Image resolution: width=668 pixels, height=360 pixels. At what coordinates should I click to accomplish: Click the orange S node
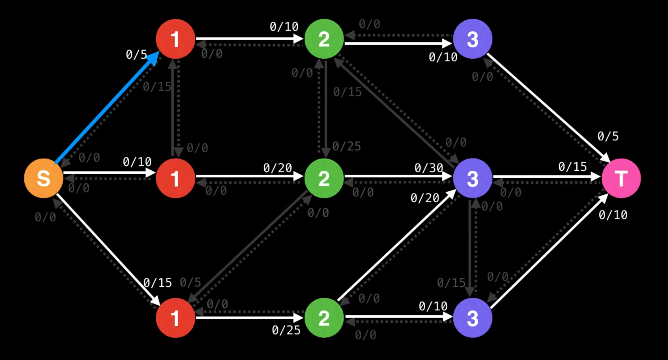[43, 178]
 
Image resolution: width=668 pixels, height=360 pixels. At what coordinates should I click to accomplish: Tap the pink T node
[621, 178]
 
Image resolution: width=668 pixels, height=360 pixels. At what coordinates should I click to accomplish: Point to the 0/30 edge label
[429, 168]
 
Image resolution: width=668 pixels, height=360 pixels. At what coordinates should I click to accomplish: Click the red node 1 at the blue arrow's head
[175, 39]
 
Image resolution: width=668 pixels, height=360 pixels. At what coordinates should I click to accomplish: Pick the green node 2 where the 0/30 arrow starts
[324, 178]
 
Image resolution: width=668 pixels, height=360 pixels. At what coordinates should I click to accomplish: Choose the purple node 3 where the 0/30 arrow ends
[472, 178]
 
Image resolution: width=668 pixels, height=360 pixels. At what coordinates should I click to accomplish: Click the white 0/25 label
[286, 330]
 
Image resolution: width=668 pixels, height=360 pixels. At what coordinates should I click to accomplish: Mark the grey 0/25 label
[346, 147]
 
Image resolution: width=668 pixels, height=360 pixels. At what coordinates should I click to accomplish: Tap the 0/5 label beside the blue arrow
[136, 55]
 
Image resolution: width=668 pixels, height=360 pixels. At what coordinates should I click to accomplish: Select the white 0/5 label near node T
[608, 137]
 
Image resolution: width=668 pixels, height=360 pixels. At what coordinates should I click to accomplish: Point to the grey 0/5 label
[190, 283]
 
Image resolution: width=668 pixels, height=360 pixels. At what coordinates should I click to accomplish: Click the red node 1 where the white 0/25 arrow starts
[175, 318]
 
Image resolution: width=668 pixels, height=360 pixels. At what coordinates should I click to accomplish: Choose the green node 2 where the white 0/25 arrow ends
[324, 318]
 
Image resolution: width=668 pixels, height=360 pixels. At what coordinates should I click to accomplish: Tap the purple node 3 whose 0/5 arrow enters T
[472, 39]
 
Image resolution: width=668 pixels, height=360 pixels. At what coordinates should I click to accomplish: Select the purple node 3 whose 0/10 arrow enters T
[472, 318]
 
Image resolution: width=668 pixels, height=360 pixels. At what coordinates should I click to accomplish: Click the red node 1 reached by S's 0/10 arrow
[175, 178]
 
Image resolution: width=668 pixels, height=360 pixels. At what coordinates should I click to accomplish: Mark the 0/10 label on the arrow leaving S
[137, 162]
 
